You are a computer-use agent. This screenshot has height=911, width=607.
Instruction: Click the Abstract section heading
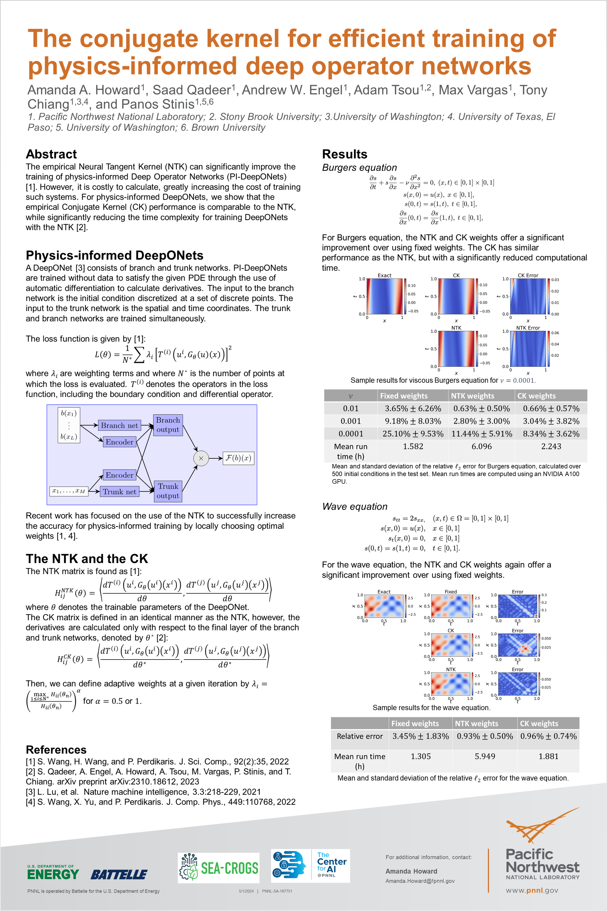[51, 154]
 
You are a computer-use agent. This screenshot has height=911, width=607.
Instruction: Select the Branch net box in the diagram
[119, 425]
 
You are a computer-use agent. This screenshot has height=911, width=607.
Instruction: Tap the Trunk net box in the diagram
[119, 492]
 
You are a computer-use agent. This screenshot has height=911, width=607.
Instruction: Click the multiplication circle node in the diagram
[201, 458]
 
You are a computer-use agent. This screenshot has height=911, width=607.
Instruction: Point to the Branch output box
[168, 425]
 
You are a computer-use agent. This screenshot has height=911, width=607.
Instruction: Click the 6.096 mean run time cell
[481, 447]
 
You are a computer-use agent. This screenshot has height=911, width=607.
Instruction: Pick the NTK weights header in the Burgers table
[472, 396]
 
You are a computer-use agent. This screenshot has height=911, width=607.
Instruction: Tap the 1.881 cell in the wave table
[548, 756]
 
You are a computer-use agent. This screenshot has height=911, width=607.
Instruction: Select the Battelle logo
[119, 875]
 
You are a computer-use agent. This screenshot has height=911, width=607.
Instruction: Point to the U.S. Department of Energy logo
[53, 872]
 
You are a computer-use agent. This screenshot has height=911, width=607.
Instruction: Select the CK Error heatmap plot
[528, 296]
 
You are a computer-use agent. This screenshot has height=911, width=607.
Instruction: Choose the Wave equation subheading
[355, 507]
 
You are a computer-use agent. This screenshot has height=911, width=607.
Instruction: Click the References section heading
[56, 750]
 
